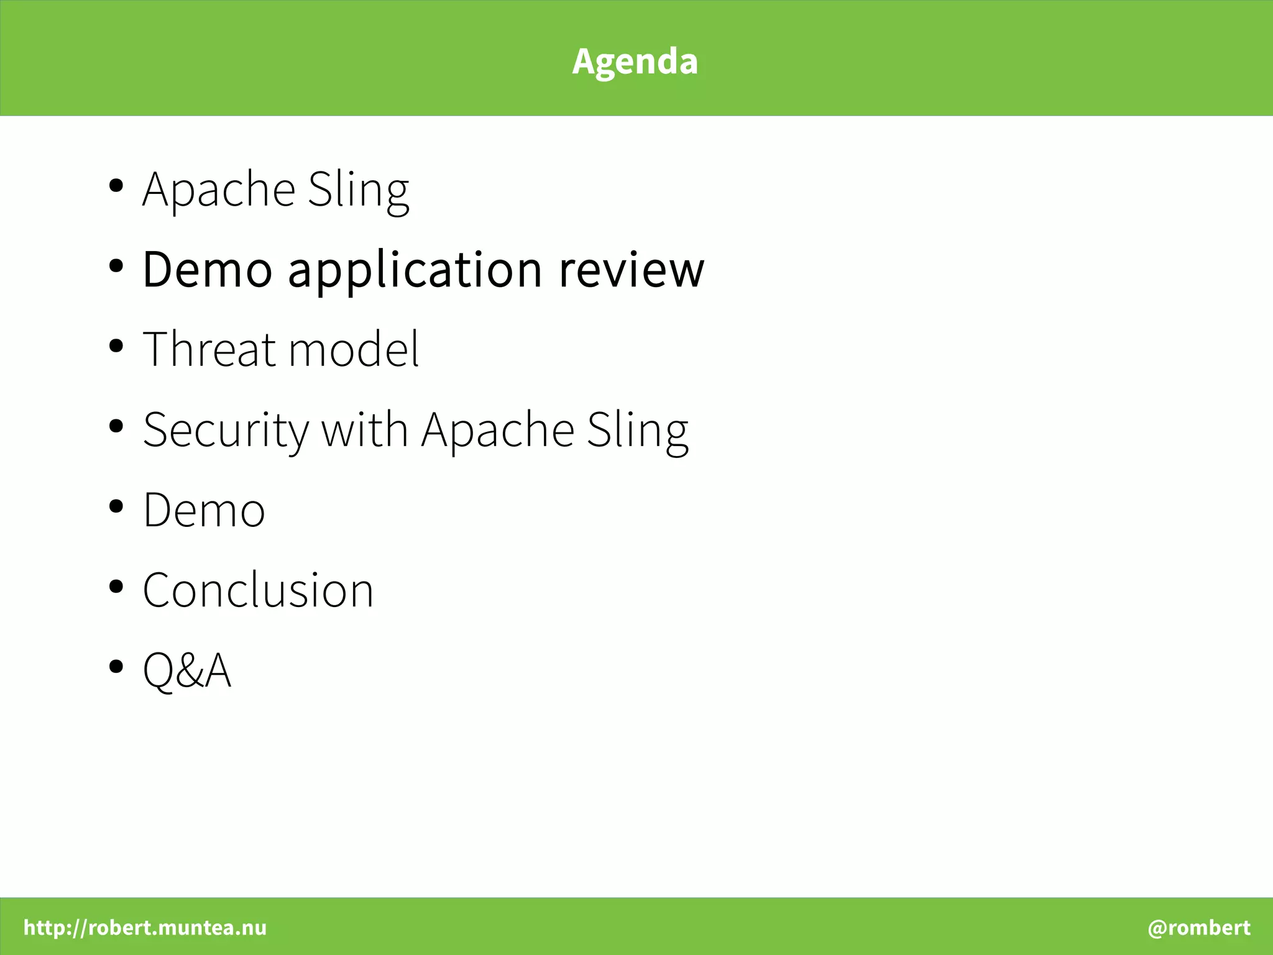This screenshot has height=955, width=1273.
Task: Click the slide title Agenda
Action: pos(635,61)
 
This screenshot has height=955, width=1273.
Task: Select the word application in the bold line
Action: pos(415,271)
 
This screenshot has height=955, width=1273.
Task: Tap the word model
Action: pos(354,349)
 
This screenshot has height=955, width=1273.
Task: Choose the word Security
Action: pos(226,431)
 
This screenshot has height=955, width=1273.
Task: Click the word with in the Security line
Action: pos(364,429)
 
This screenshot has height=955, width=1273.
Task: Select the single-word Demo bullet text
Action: pos(204,510)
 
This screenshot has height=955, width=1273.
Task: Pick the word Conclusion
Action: pos(258,590)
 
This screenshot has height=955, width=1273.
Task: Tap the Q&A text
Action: pos(186,670)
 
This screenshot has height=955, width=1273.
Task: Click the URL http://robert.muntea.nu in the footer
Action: pos(145,928)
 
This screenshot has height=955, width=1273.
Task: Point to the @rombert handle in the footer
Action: pos(1198,928)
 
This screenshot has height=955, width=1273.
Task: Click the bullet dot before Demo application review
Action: pos(116,266)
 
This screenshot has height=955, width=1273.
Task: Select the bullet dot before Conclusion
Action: pos(116,587)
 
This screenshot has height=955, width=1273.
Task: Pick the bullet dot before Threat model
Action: pos(116,346)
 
